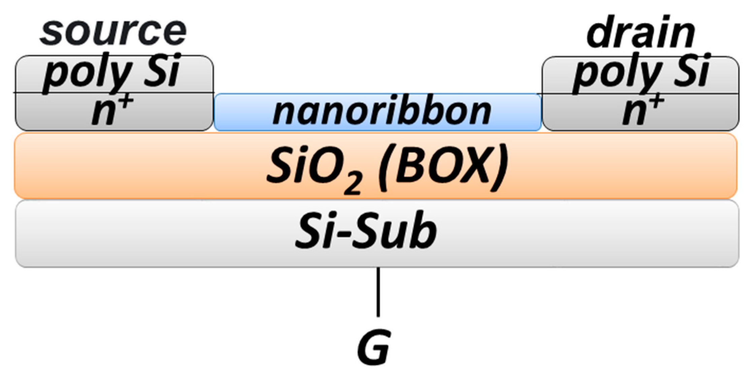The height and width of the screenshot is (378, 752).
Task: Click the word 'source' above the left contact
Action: pyautogui.click(x=113, y=32)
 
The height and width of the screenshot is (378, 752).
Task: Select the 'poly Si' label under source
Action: pyautogui.click(x=111, y=72)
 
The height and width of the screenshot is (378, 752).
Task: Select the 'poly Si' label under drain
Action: pyautogui.click(x=641, y=72)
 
